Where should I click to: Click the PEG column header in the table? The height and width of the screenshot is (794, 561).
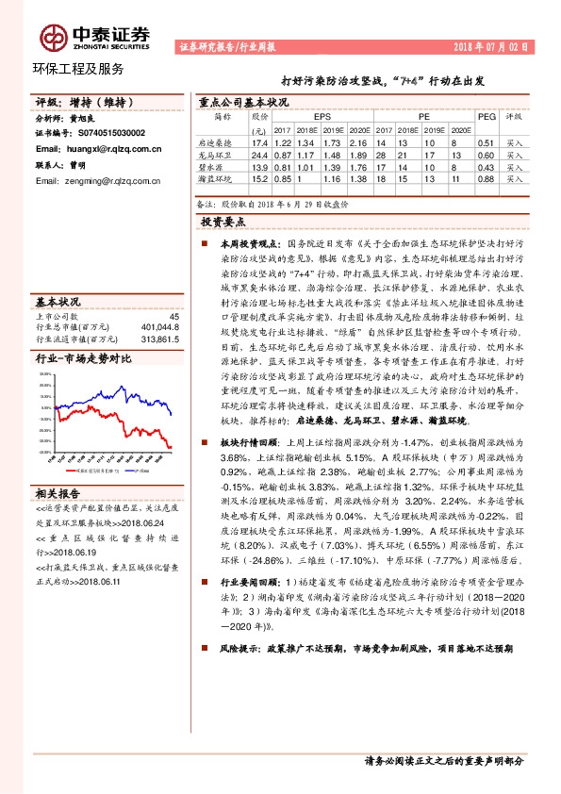(x=487, y=117)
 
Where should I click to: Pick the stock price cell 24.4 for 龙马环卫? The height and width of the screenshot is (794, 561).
(x=259, y=154)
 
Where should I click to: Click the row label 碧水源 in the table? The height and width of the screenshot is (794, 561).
(x=223, y=165)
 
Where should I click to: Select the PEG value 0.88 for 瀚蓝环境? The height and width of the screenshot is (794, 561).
(x=487, y=177)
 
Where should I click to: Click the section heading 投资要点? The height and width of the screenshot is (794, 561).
(x=223, y=222)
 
